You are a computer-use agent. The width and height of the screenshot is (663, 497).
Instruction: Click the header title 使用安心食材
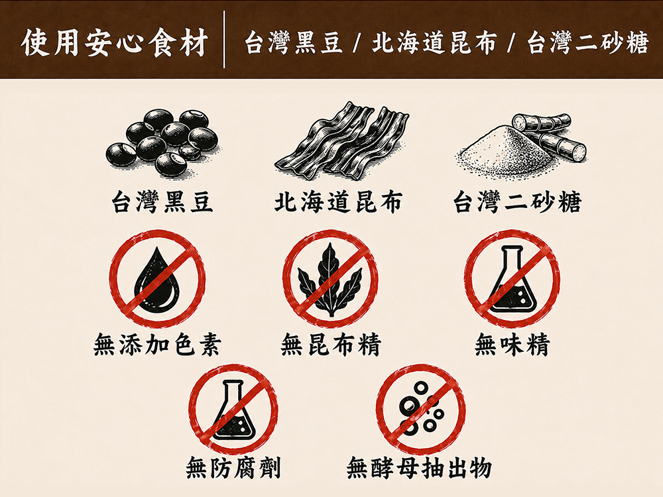click(115, 42)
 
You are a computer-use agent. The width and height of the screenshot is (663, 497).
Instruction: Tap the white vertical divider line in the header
click(224, 39)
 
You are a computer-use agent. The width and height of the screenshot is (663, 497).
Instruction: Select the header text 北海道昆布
click(434, 43)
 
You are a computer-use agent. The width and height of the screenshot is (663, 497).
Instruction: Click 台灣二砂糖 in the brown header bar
click(587, 43)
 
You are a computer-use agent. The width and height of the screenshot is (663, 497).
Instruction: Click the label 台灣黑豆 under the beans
click(162, 202)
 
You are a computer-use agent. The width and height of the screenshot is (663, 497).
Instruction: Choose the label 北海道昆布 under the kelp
click(338, 202)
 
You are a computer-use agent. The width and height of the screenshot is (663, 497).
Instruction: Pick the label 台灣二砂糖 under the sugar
click(516, 202)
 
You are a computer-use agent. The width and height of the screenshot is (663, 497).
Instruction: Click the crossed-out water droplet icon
click(157, 278)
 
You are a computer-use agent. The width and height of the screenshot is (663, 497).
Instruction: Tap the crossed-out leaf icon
click(330, 278)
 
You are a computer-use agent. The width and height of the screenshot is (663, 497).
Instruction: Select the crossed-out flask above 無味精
click(512, 278)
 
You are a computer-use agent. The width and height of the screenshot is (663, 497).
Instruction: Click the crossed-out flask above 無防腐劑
click(233, 409)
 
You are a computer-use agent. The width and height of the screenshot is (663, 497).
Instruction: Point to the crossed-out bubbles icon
click(420, 409)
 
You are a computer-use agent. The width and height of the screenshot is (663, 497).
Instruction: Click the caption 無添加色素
click(157, 345)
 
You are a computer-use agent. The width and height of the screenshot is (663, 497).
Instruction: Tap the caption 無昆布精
click(330, 345)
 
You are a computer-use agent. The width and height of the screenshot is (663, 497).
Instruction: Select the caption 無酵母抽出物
click(419, 468)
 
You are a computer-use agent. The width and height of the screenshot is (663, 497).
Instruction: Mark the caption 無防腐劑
click(233, 468)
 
